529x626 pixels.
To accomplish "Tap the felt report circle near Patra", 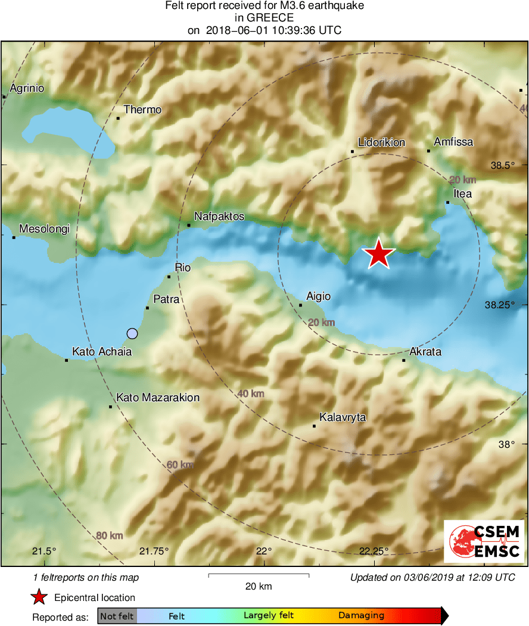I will tap(132, 333).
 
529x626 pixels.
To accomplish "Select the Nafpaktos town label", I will tap(219, 217).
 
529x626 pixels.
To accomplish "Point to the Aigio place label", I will tap(318, 296).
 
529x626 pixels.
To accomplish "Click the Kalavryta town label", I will tap(343, 417).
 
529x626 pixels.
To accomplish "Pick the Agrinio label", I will tap(27, 89).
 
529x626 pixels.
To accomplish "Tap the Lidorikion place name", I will tap(382, 143).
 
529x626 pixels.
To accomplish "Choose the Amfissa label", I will tap(453, 142).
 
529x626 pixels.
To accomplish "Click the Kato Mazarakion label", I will tap(158, 398).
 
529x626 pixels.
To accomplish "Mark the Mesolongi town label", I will tap(45, 229).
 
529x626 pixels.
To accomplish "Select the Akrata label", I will tap(425, 352).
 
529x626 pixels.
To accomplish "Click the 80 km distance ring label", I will tap(110, 535).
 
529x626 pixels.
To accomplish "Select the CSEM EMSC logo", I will tap(484, 541).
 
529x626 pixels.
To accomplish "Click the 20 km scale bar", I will tap(259, 576).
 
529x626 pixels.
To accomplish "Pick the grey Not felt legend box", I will tap(117, 616).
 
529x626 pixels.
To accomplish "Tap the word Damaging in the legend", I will tap(362, 616).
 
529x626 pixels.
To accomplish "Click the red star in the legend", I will tap(39, 597).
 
